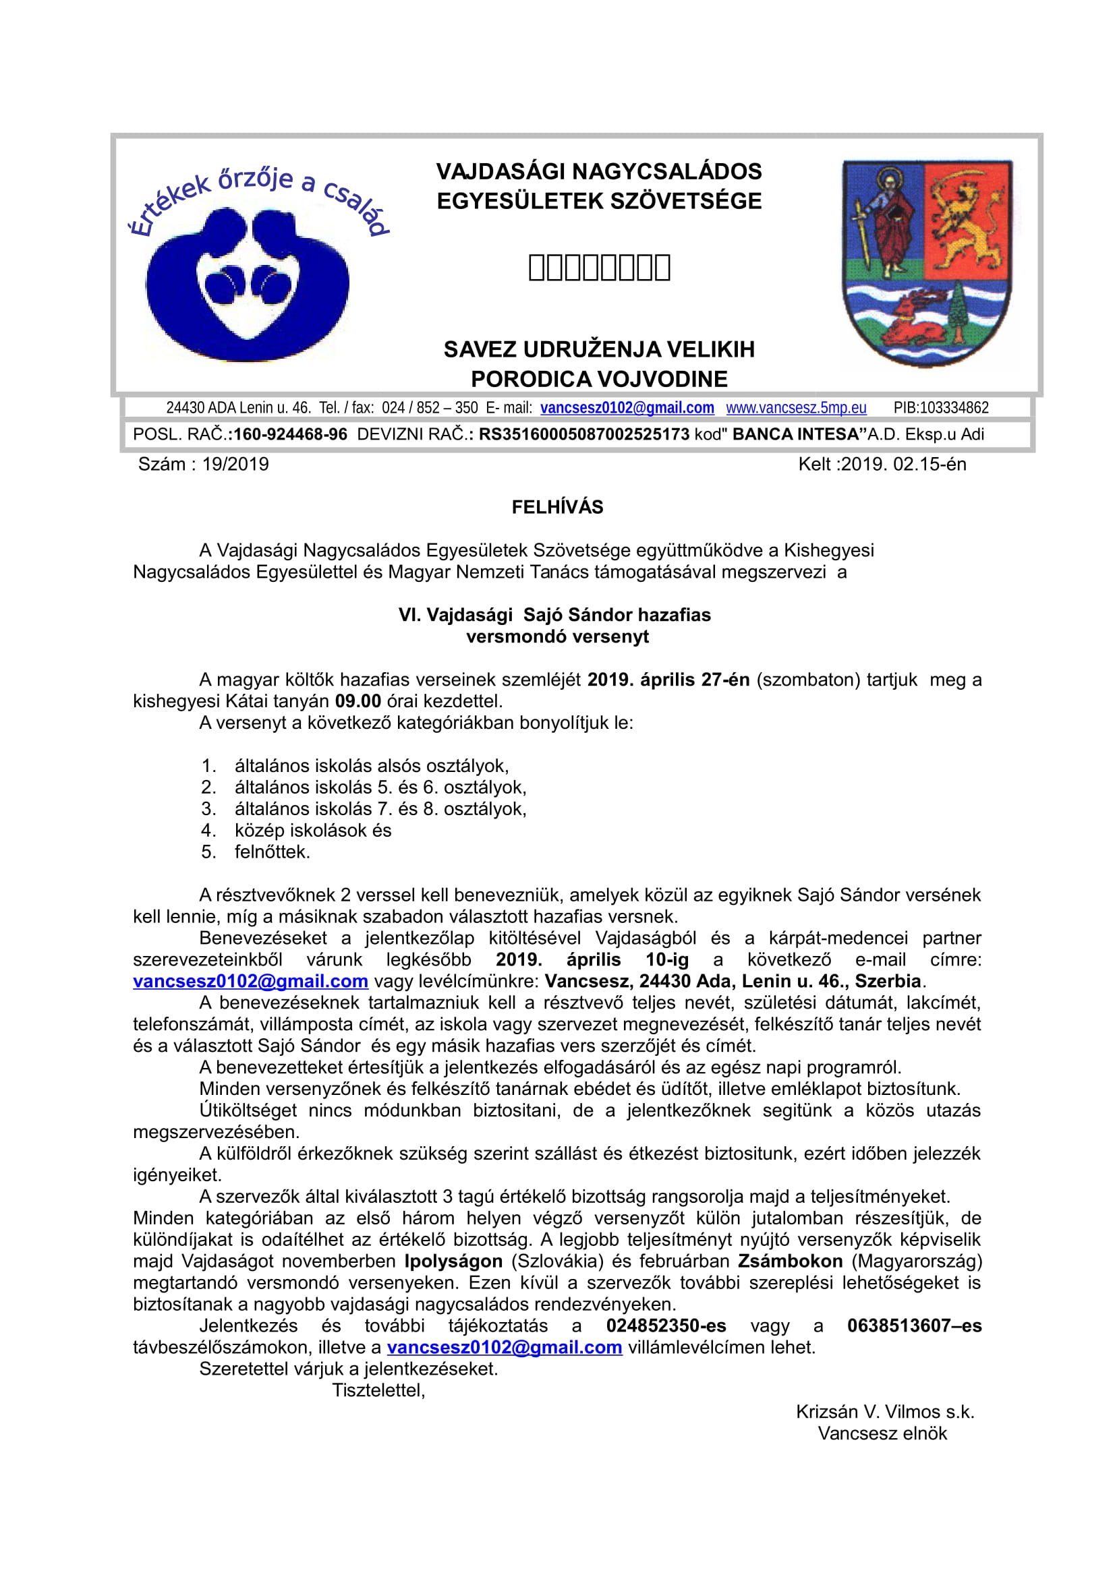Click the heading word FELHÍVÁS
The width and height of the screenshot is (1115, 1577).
[557, 507]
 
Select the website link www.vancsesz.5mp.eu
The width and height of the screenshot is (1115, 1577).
[795, 408]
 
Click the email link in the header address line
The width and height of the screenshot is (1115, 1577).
[627, 408]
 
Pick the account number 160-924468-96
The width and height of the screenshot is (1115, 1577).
[291, 434]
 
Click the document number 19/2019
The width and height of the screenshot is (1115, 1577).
[235, 465]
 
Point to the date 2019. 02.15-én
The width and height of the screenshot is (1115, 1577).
[903, 465]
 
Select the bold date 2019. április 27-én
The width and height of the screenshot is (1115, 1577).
[668, 680]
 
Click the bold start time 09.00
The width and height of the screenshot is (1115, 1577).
[358, 701]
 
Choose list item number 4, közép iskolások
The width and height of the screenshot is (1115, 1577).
[312, 831]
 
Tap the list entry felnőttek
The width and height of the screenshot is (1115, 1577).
[272, 852]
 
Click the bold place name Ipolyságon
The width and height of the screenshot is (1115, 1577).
[453, 1261]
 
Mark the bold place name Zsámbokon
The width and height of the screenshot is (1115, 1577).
[790, 1261]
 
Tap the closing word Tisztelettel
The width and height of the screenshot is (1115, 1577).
[378, 1390]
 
